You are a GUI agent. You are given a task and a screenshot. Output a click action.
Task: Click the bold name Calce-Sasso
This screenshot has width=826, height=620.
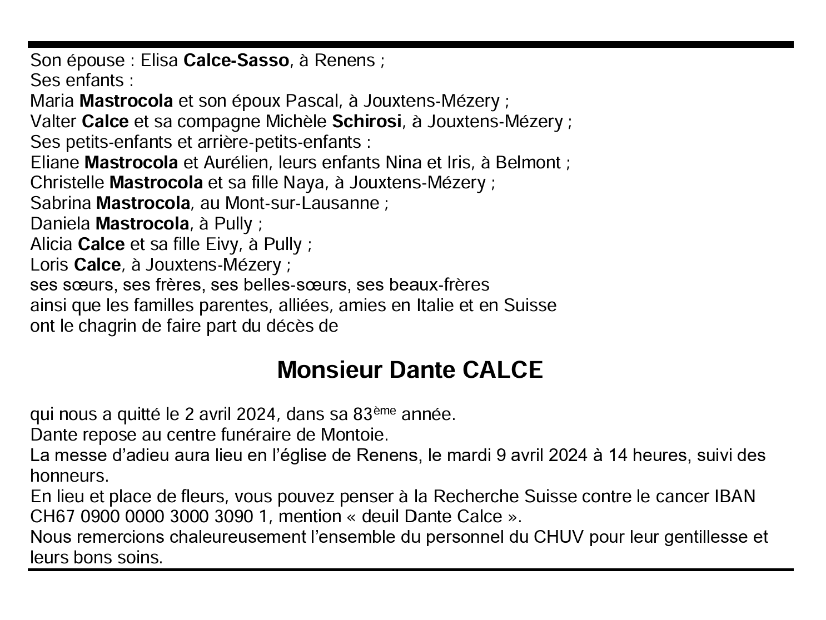236,61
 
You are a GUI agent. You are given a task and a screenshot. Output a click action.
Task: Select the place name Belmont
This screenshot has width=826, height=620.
528,163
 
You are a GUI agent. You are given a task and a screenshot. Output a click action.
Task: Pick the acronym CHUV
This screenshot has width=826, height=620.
558,537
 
